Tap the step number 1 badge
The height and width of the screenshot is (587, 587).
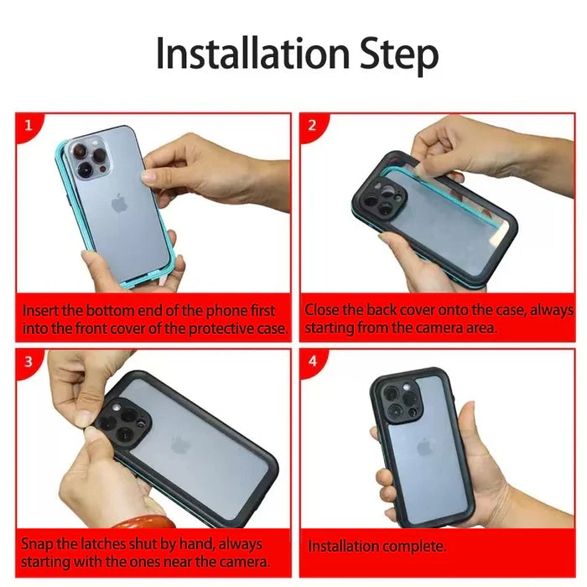pos(29,126)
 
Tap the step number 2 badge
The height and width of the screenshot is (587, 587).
pos(312,126)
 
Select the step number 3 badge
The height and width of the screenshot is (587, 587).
pos(29,361)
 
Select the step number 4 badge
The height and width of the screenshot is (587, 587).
pos(312,361)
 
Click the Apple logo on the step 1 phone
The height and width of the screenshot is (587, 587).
pos(119,203)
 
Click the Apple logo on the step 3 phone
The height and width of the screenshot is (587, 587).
pos(180,444)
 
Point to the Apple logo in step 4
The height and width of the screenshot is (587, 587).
pos(424,446)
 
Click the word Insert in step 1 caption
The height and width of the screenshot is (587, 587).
pos(39,311)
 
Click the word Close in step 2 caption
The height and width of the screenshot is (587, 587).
pos(322,311)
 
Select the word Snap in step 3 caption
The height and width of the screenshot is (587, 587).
pos(36,544)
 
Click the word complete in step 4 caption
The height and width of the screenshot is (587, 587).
pos(412,547)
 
